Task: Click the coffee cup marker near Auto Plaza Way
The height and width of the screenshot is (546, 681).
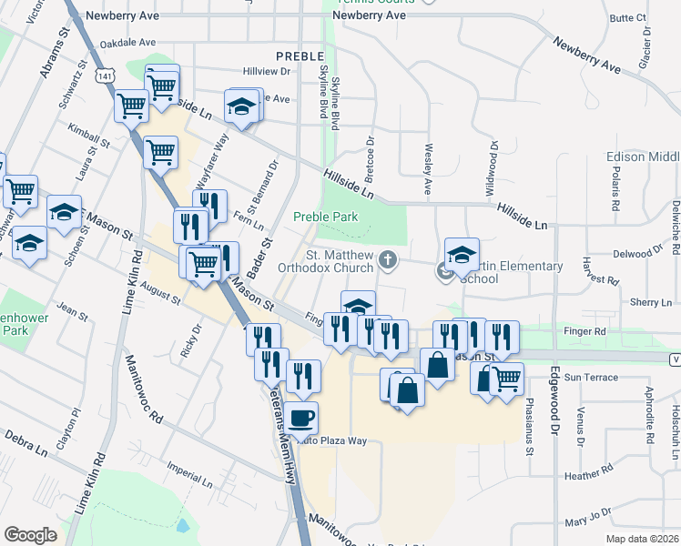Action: [x=302, y=419]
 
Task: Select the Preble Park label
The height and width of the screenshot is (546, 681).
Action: [x=325, y=217]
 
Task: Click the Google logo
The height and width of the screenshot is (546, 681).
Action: [x=31, y=535]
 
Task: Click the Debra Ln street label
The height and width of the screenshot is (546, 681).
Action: [x=25, y=445]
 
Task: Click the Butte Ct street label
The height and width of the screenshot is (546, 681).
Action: [x=627, y=17]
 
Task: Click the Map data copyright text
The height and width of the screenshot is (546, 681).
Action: [x=639, y=539]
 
